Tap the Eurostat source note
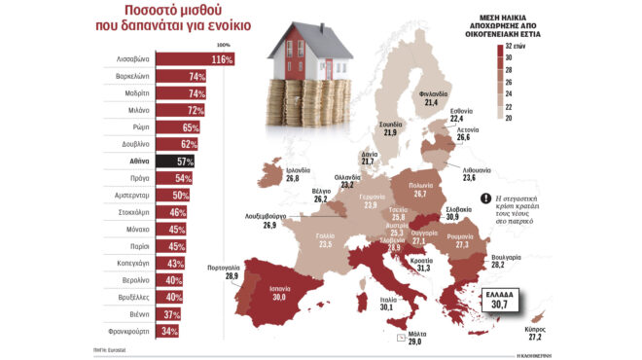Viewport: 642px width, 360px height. tap(123, 349)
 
